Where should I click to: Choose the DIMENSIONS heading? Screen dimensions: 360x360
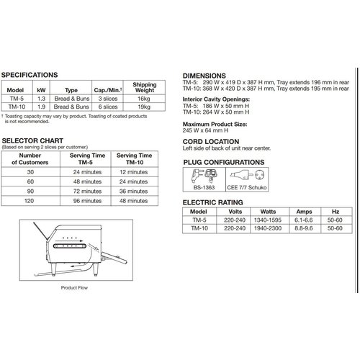(x=204, y=74)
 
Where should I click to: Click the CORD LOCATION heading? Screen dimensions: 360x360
(x=214, y=142)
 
